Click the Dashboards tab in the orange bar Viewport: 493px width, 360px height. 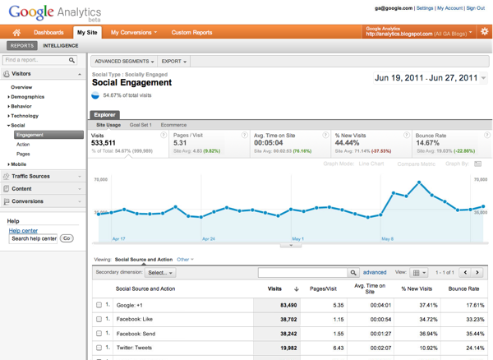pos(49,33)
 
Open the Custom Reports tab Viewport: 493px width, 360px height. pos(191,33)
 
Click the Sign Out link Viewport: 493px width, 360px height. pos(475,8)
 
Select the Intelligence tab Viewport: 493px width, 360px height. pos(61,46)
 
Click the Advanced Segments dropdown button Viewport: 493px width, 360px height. pos(123,62)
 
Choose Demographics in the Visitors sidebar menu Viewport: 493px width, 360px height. pos(27,97)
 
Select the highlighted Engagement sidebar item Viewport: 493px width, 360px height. pos(30,135)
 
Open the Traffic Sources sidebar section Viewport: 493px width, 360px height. pos(31,176)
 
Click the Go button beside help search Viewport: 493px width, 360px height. pos(67,238)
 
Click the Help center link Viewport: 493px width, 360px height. pos(23,231)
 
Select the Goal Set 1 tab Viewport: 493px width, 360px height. pos(141,125)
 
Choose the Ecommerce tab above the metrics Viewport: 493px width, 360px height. pos(173,125)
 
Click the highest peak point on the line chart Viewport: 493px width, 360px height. pos(419,182)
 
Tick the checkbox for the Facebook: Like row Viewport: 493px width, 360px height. pos(99,319)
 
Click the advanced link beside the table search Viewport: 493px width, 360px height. pos(375,272)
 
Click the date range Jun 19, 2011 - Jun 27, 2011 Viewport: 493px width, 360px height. pos(426,78)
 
